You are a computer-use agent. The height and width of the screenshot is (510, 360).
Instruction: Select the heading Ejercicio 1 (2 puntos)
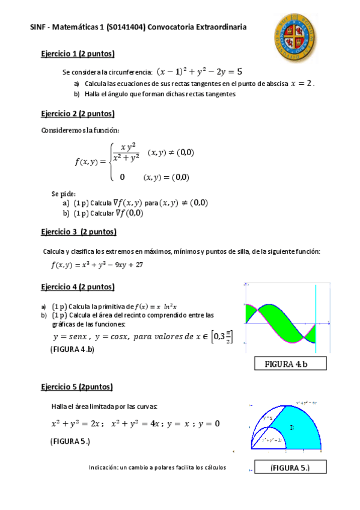click(x=78, y=54)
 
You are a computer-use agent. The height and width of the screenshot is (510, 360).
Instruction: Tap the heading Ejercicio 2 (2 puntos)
click(x=78, y=114)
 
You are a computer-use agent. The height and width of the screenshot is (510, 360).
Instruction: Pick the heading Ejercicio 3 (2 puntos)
click(x=79, y=232)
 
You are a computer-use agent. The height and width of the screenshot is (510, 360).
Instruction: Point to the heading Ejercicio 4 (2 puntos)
click(x=78, y=287)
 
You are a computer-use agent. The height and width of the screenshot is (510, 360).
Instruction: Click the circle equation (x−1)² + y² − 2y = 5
click(x=200, y=72)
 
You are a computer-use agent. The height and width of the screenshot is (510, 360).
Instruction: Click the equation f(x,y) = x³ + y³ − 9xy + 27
click(x=96, y=265)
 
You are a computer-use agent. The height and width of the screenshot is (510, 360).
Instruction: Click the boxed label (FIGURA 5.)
click(x=290, y=467)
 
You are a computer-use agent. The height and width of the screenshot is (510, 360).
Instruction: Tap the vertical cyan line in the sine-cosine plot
click(x=315, y=319)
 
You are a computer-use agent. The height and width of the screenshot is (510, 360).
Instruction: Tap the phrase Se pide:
click(x=64, y=194)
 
